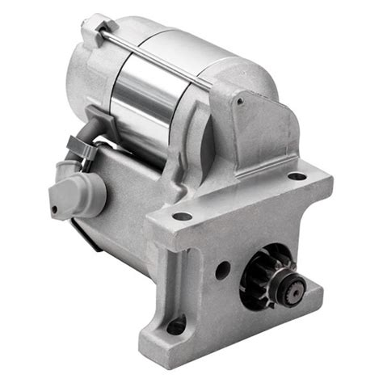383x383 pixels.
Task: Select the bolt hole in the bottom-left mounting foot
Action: tap(176, 326)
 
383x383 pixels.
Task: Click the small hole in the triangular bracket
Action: tap(239, 101)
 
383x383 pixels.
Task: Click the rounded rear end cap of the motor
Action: tap(85, 69)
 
